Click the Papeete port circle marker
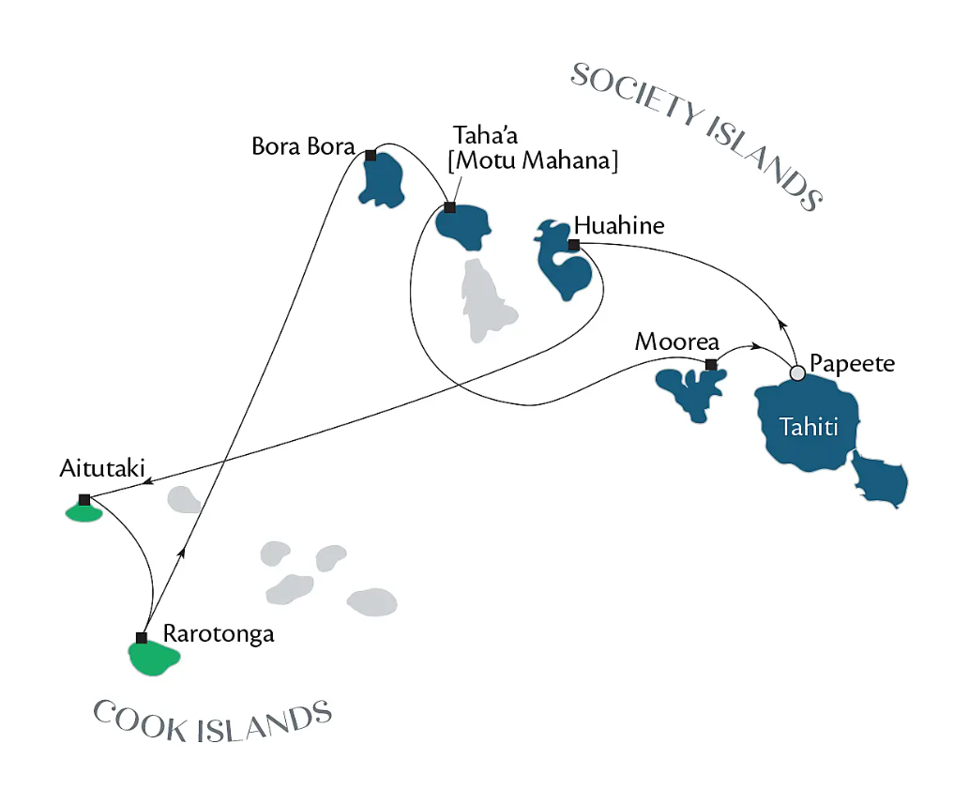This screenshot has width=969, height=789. point(798,372)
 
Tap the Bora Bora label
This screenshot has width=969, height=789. point(303,146)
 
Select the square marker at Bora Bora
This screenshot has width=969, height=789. point(371,155)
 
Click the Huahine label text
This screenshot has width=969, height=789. point(619,225)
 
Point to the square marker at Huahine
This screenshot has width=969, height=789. point(573,245)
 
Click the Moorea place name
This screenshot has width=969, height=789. point(676,341)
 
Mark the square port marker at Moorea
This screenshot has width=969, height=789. point(711,365)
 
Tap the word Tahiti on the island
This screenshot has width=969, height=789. point(809,427)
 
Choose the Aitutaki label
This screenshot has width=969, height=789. point(102,468)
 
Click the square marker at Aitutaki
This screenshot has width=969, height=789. point(84,499)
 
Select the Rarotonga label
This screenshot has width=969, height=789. point(219,634)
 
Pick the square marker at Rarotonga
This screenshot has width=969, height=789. point(142,638)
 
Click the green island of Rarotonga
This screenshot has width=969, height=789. point(153,659)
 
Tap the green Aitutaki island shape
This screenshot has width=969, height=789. point(84,513)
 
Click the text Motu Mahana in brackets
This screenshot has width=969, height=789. point(533,160)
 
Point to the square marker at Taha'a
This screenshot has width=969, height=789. point(450,207)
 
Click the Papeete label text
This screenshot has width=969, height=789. point(852,363)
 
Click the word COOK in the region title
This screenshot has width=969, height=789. point(141,721)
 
